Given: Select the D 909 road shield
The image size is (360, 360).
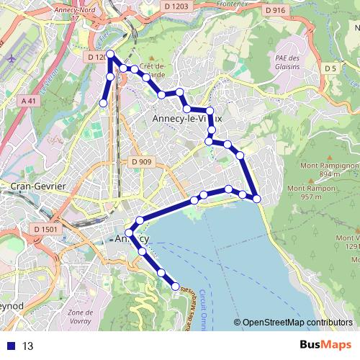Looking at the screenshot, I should click(142, 162).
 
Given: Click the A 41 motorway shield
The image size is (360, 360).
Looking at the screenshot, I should click(29, 102).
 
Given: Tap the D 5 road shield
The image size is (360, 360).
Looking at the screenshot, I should click(330, 68).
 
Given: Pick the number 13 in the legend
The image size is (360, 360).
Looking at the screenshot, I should click(27, 346).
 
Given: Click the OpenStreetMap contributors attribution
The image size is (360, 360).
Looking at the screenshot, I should click(297, 323).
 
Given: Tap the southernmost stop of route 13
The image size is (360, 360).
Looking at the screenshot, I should click(176, 287).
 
